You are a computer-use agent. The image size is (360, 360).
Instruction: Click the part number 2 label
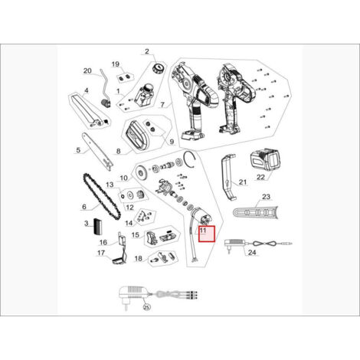(147, 51)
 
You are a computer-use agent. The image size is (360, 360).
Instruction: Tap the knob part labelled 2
(158, 68)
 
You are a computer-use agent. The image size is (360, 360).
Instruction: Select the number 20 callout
(87, 70)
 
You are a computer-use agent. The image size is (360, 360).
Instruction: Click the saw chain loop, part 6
(102, 196)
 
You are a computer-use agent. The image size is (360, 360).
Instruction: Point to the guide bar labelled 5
(97, 152)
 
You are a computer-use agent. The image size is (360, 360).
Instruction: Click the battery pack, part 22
(264, 160)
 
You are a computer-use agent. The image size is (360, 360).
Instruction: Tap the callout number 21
(243, 182)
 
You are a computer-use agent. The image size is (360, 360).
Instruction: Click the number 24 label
(252, 253)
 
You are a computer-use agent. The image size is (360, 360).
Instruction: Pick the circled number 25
(146, 307)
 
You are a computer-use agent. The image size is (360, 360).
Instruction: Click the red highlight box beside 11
(208, 234)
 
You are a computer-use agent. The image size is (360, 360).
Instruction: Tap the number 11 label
(203, 231)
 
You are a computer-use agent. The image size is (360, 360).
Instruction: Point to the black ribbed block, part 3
(97, 227)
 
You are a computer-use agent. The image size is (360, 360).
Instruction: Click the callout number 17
(101, 253)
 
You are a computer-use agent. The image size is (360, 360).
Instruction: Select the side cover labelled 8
(137, 136)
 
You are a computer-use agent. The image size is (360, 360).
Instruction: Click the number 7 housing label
(162, 105)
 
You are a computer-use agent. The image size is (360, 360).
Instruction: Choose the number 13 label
(110, 185)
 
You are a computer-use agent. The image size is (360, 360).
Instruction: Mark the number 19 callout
(116, 64)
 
